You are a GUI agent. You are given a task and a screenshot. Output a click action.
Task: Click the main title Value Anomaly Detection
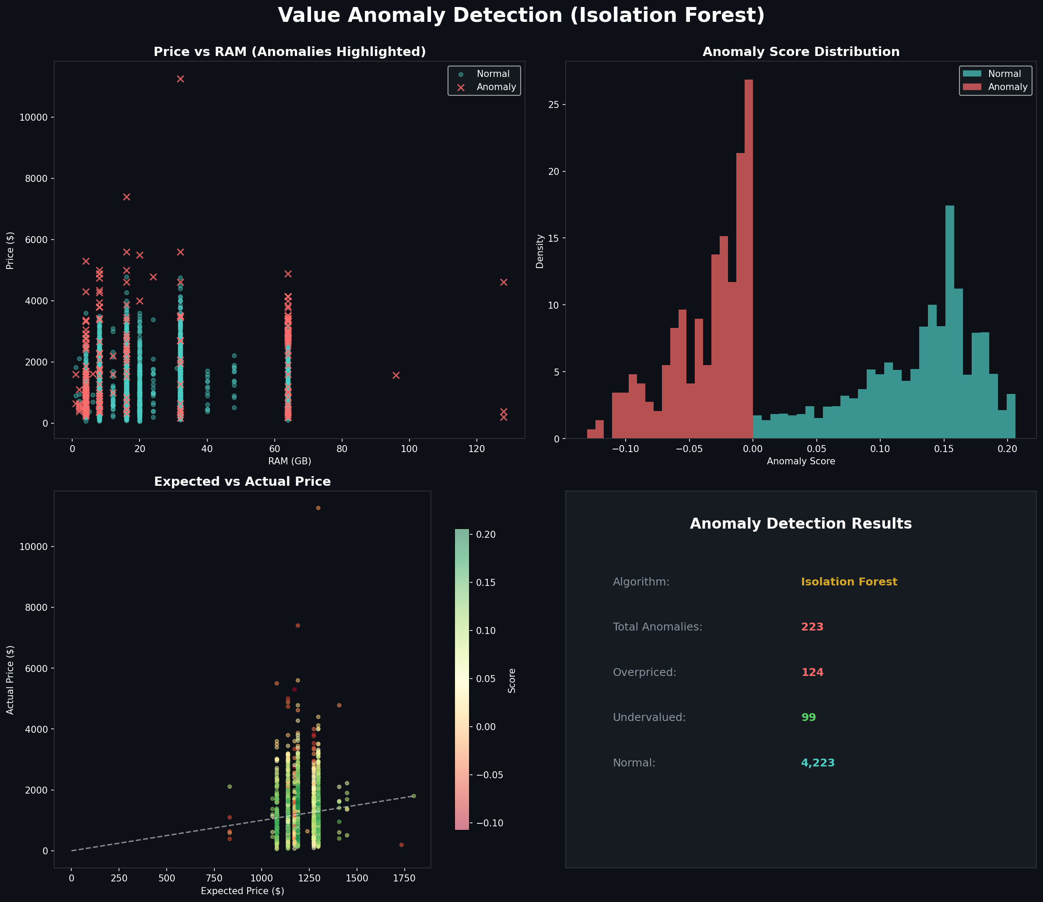(521, 15)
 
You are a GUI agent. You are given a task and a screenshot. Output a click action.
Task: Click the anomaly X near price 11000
(180, 79)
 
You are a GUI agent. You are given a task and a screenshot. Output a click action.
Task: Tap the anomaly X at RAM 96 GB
(396, 376)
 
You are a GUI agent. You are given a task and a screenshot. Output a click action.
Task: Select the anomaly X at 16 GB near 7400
(126, 197)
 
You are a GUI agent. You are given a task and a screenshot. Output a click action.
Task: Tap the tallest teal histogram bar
(949, 322)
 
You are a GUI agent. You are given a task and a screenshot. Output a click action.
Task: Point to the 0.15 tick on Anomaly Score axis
(943, 449)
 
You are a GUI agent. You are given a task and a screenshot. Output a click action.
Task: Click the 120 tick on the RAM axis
(476, 449)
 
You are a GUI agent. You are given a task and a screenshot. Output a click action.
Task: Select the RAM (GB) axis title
(290, 461)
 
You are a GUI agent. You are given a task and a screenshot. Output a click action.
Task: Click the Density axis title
(540, 251)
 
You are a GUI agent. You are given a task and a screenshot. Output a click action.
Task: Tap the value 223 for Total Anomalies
(812, 627)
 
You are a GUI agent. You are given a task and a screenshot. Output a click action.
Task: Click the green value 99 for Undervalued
(808, 717)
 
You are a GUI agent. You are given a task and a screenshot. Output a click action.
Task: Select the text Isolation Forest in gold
(849, 582)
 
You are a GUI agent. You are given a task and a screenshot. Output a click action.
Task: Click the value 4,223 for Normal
(817, 763)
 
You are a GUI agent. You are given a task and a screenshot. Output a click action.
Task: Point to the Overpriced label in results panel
(644, 672)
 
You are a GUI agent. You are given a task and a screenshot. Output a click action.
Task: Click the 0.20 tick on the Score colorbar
(486, 535)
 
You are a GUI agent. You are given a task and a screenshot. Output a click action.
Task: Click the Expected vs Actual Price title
(242, 482)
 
